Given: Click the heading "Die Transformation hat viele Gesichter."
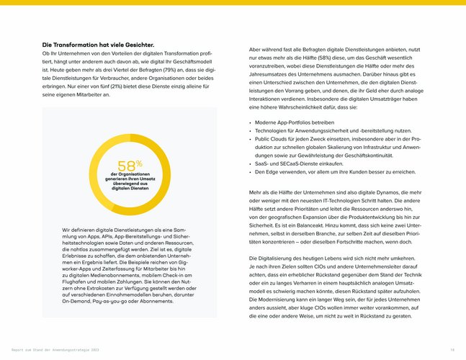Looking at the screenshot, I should coord(98,45).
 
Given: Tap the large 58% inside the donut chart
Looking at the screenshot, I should coord(130,167).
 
